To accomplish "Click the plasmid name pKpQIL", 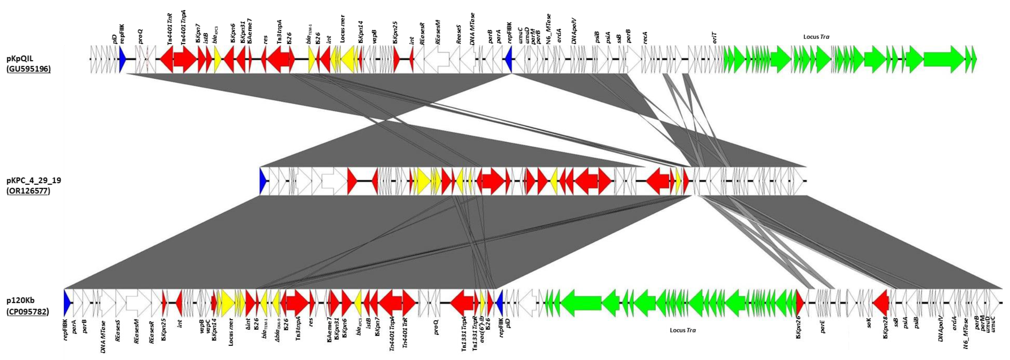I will point(20,59).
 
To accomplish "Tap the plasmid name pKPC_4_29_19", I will point(33,180).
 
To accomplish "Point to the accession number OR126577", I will point(28,191).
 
